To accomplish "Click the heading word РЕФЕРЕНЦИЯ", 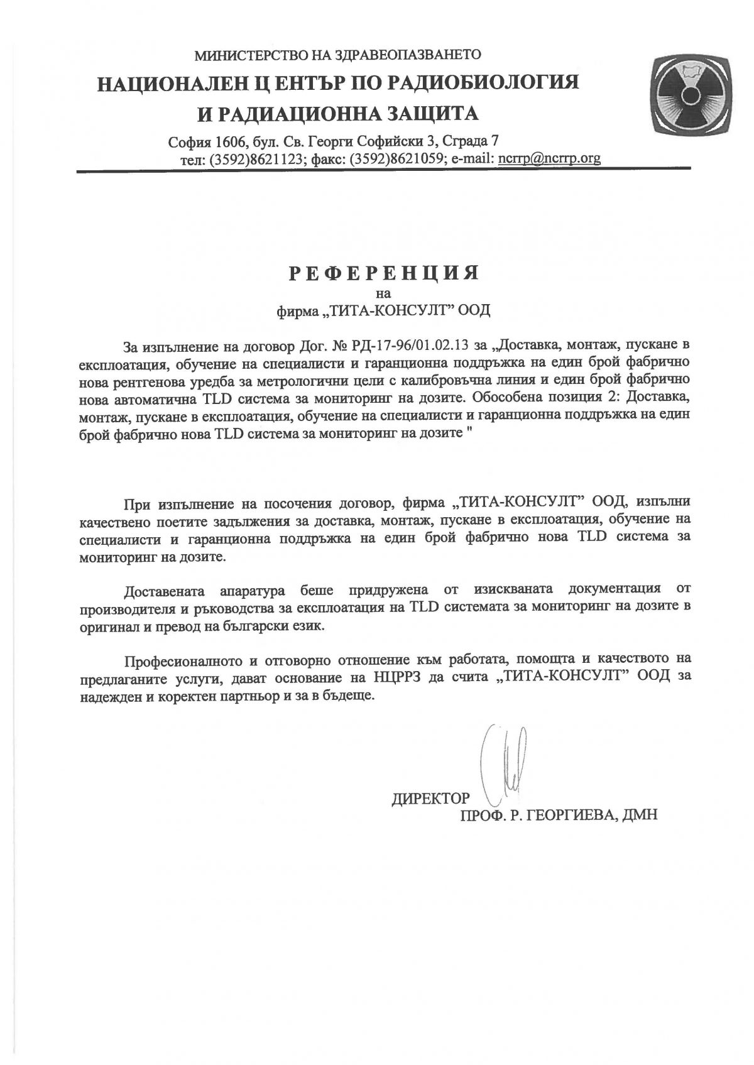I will [384, 273].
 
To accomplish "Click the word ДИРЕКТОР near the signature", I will [430, 799].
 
